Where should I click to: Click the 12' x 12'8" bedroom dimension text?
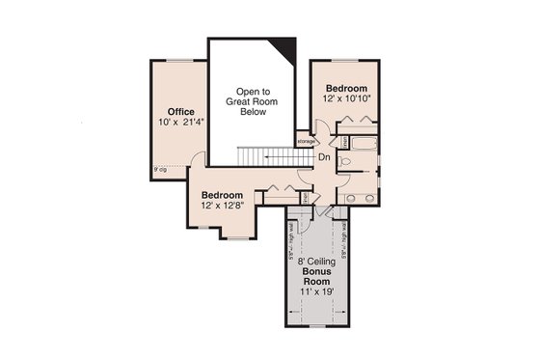[223, 207]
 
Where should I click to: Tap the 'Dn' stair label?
[324, 156]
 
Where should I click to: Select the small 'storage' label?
[307, 142]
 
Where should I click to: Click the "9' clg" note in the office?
[159, 171]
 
